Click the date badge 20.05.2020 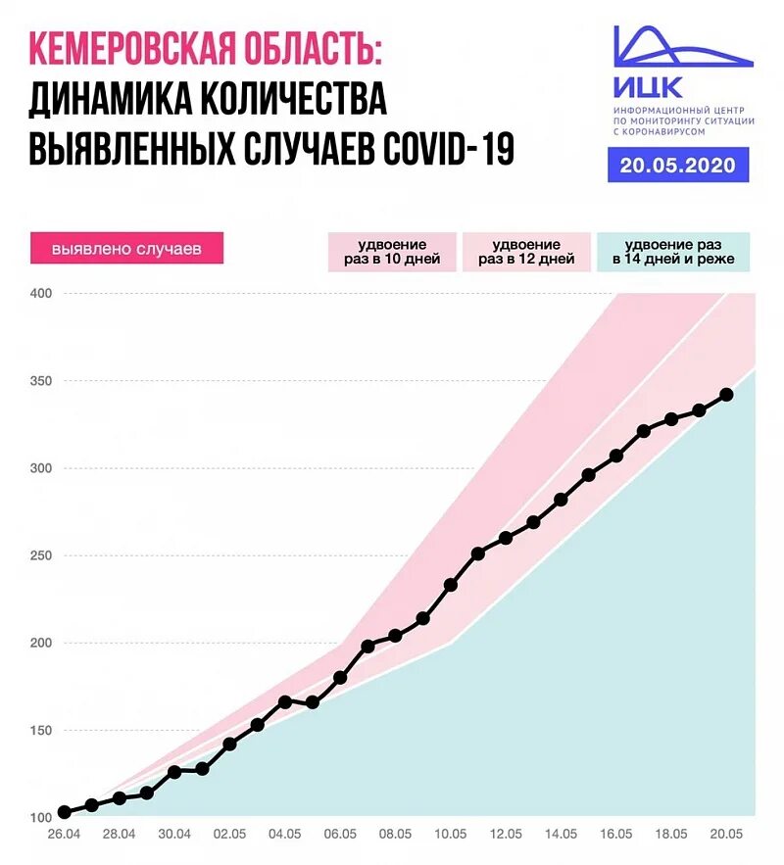tap(678, 165)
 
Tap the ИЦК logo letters tap(649, 87)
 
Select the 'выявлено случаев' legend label tap(126, 249)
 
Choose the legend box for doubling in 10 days tap(392, 253)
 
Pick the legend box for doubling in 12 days tap(526, 253)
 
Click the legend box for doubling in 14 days tap(672, 253)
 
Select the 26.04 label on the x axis tap(65, 834)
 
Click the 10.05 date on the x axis tap(451, 834)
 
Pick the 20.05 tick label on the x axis tap(726, 834)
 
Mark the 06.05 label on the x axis tap(340, 834)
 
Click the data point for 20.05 tap(726, 395)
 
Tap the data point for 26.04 tap(65, 812)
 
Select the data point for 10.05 tap(451, 585)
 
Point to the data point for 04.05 tap(285, 701)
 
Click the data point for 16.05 tap(616, 456)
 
